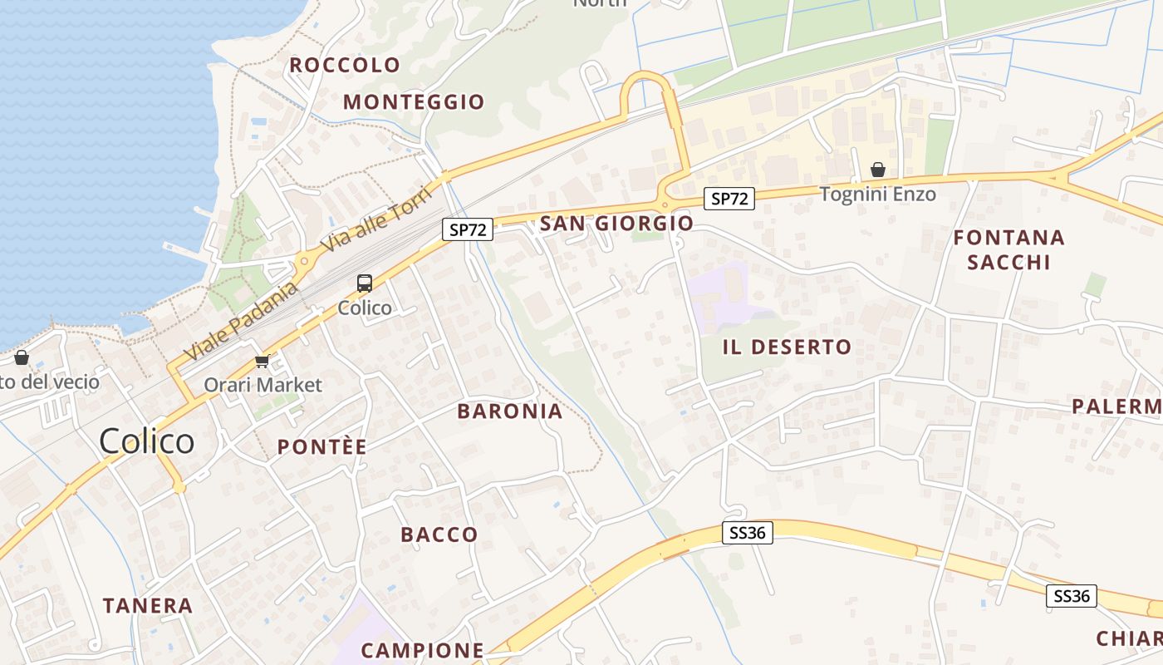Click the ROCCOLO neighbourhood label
pos(345,65)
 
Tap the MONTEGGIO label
pos(414,102)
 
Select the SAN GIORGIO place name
pos(616,224)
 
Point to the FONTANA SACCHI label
pos(1008,249)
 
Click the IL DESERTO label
pos(787,347)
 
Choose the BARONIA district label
pos(510,411)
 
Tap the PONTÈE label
pos(321,447)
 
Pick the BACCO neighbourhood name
pos(439,534)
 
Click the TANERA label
pos(148,606)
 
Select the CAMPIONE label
pos(422,650)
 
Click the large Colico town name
pos(147,441)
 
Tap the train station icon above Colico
pos(365,283)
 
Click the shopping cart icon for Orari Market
pos(263,362)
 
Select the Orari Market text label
pos(263,385)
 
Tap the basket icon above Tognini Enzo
pos(878,170)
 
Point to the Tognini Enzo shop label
pos(878,195)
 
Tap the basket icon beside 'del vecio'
pos(22,357)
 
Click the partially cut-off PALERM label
pos(1116,406)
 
